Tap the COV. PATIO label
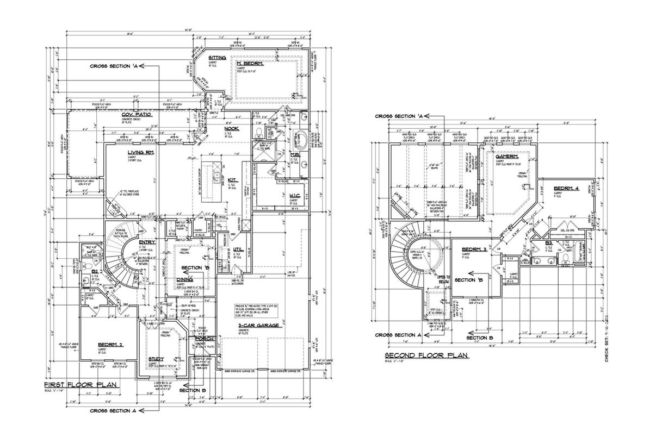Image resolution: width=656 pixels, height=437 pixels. click(137, 114)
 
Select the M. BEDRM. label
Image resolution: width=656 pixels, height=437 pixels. click(250, 64)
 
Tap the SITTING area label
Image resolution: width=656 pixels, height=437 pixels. click(218, 57)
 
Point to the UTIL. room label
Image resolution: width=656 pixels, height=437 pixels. click(238, 249)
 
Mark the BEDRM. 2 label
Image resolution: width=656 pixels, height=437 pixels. click(111, 345)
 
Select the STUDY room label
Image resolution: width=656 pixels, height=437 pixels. click(156, 359)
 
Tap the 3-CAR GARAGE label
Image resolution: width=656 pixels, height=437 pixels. click(258, 325)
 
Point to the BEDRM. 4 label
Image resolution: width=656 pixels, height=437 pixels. click(566, 188)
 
